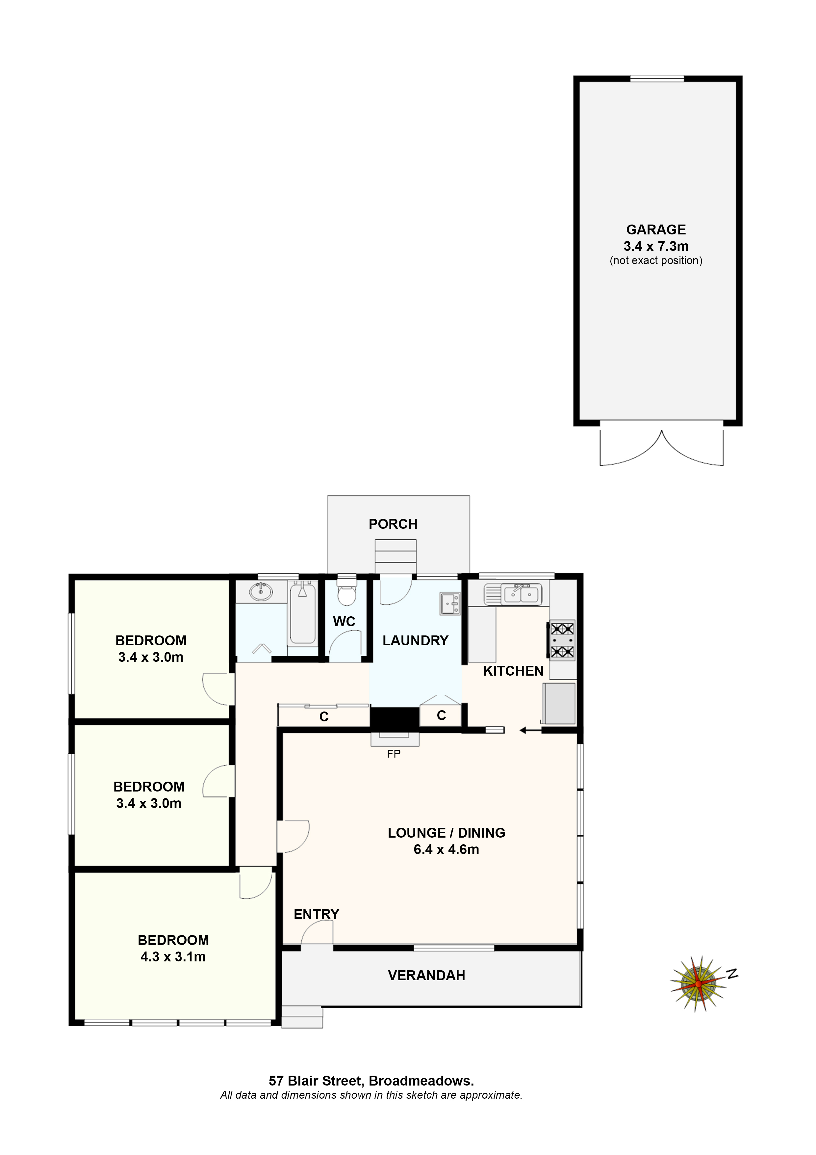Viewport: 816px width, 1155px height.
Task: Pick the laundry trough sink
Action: coord(450,603)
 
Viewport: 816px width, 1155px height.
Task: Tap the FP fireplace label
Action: coord(394,754)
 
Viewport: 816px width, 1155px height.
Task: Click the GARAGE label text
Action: coord(656,229)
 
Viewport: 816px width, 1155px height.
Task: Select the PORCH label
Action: coord(393,524)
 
